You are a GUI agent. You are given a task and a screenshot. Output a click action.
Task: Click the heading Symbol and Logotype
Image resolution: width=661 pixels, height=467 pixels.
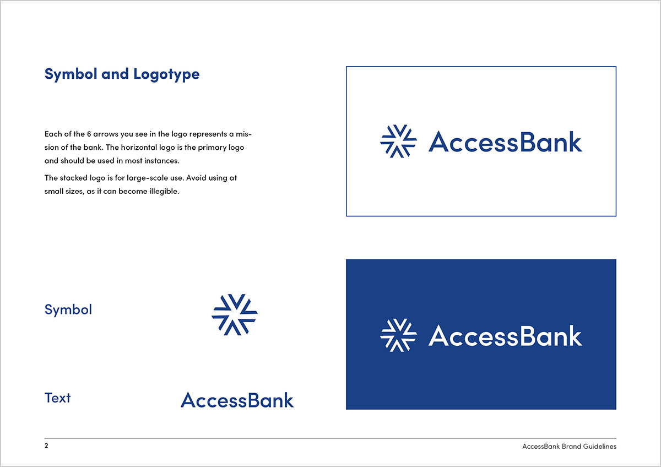[122, 74]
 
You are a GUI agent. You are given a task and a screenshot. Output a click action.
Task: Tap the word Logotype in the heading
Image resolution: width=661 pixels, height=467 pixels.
[166, 75]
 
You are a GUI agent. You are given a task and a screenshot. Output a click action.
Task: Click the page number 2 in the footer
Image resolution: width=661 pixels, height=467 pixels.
[46, 446]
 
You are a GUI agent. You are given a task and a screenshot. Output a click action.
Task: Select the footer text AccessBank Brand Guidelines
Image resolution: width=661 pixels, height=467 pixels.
[569, 447]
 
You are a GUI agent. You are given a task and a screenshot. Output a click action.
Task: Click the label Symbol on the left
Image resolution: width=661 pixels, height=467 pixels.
[68, 310]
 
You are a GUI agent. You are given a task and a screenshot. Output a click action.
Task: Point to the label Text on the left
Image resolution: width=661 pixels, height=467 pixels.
[57, 398]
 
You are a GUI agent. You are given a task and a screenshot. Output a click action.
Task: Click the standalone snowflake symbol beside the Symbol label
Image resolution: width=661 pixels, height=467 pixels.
[235, 314]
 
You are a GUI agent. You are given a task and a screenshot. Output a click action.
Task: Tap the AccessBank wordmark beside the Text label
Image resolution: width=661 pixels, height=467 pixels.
[237, 400]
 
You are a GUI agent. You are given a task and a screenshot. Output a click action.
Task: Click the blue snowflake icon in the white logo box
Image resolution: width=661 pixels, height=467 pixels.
[398, 142]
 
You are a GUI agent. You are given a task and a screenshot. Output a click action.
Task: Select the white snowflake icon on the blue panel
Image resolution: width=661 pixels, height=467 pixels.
[398, 335]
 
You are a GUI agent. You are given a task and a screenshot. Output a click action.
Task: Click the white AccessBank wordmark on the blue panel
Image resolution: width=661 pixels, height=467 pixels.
[505, 335]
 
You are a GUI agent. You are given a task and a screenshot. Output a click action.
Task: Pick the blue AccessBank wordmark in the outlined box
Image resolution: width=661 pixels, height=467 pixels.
[505, 142]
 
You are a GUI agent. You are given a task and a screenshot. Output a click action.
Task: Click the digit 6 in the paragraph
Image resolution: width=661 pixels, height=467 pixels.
[89, 134]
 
